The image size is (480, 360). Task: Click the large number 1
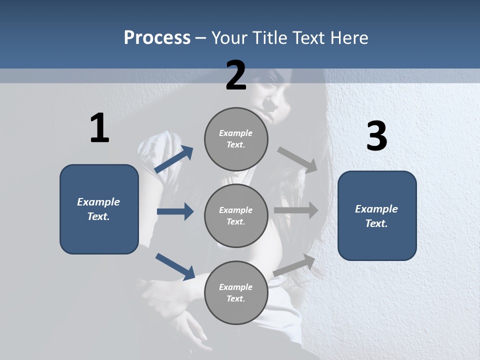coord(99,128)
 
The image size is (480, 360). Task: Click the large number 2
coord(236,75)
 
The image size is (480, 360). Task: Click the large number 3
coord(376,136)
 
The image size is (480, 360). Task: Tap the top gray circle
coord(236,139)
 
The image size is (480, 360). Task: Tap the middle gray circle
coord(236,215)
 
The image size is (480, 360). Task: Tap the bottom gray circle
coord(236,292)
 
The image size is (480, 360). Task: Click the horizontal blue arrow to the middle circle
coord(175,211)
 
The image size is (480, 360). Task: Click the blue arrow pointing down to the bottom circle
coord(175,266)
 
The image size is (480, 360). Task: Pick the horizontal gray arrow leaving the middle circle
coord(296,210)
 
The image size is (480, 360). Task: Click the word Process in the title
coord(157,37)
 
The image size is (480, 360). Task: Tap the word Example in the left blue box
coord(98,202)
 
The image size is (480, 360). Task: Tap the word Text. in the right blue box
coord(376,223)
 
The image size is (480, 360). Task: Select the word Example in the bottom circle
coord(236,287)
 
